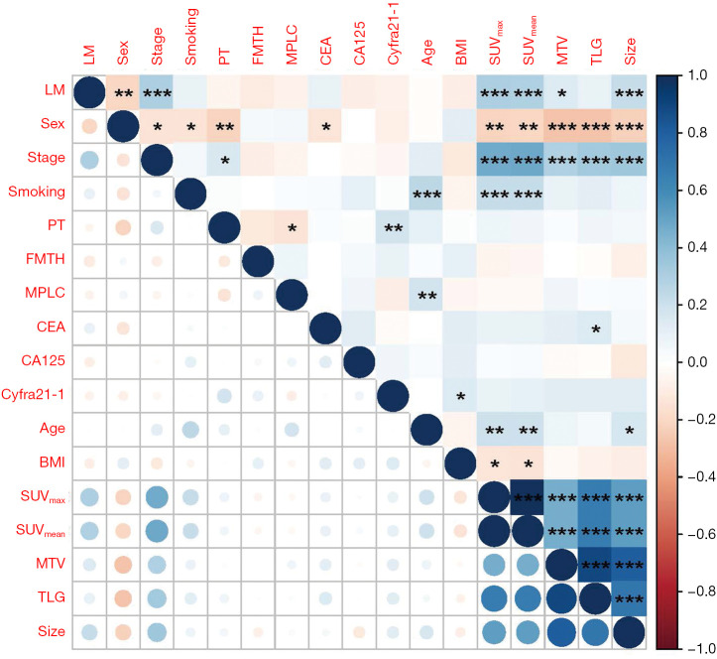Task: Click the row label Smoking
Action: coord(37,192)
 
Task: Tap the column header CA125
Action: coord(359,44)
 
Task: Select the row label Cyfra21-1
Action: coord(33,394)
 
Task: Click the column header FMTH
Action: coord(258,45)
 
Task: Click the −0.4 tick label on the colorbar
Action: coord(697,476)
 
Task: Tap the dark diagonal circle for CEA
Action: coord(325,329)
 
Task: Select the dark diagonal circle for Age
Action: coord(426,430)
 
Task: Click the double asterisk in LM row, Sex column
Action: coord(123,94)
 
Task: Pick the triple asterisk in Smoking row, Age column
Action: coord(426,195)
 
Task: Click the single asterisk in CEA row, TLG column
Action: coord(596,329)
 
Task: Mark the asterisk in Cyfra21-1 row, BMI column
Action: coord(461,397)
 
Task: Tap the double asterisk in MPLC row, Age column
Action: coord(426,296)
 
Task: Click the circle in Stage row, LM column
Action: coord(89,160)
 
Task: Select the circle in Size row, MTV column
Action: coord(562,633)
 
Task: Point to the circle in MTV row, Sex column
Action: coord(123,565)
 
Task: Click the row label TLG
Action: coord(52,597)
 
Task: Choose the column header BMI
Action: coord(461,53)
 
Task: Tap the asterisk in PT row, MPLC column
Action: coord(292,228)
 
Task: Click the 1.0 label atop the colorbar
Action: coord(698,75)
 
